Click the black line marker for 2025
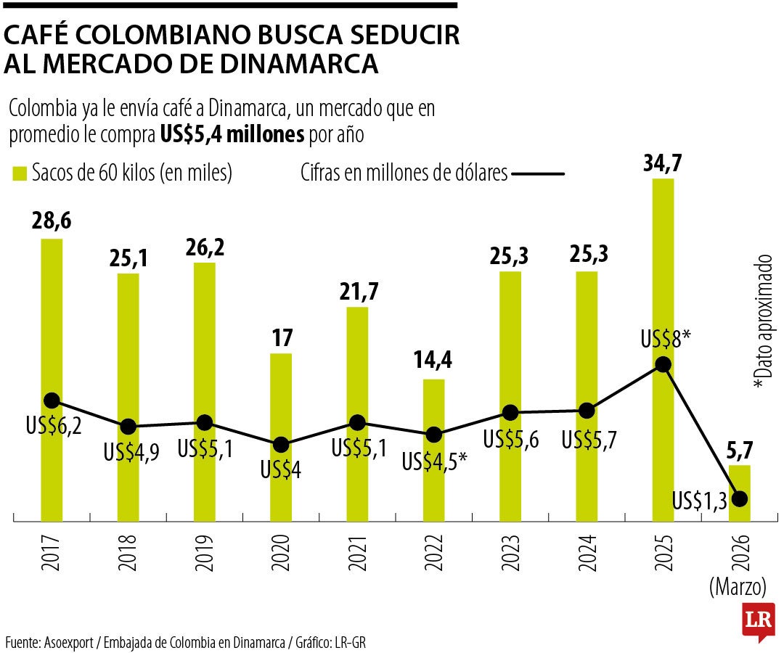pyautogui.click(x=662, y=365)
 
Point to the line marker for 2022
pyautogui.click(x=433, y=435)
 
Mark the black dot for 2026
pyautogui.click(x=740, y=498)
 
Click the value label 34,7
pyautogui.click(x=663, y=162)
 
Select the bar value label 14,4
pyautogui.click(x=433, y=361)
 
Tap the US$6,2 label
pyautogui.click(x=53, y=426)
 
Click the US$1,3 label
pyautogui.click(x=700, y=500)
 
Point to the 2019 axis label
pyautogui.click(x=204, y=554)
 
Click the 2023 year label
pyautogui.click(x=510, y=554)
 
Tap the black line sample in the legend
pyautogui.click(x=538, y=174)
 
